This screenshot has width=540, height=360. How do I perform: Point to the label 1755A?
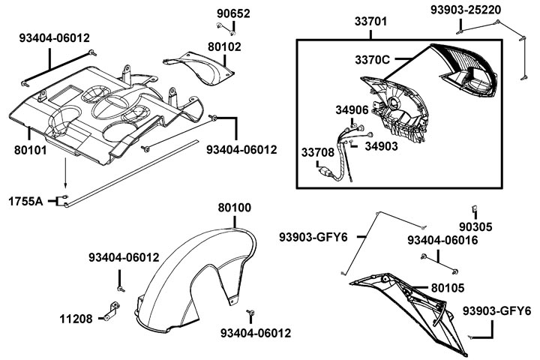[25, 201]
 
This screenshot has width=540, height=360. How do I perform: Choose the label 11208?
[76, 318]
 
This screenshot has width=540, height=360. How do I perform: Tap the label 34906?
[351, 110]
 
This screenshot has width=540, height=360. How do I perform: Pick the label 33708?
[318, 152]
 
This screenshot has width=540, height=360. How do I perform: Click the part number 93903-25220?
[466, 10]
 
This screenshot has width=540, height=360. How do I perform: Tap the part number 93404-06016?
[450, 239]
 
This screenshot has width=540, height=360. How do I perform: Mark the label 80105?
[447, 287]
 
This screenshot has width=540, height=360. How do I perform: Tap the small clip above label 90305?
[475, 208]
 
